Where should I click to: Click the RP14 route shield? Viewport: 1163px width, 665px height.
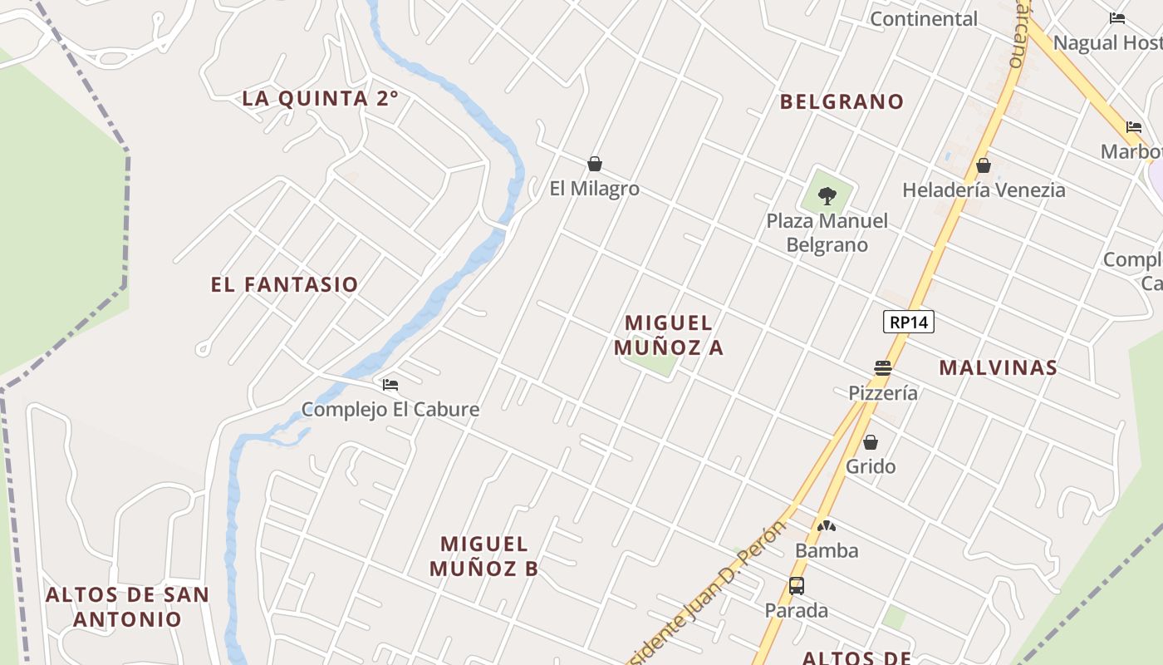(x=909, y=322)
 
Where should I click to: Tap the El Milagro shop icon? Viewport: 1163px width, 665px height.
(x=595, y=164)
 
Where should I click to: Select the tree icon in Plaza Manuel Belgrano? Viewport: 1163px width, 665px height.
(x=827, y=196)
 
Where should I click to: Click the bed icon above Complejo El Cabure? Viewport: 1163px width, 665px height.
(x=390, y=385)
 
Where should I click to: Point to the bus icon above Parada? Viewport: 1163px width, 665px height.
(x=797, y=586)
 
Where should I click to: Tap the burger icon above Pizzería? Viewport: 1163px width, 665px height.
(x=883, y=368)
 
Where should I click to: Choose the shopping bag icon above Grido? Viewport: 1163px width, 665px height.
(x=871, y=442)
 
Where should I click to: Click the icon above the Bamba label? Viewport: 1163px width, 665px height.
(x=827, y=526)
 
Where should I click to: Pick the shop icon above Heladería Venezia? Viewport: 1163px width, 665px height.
(x=984, y=165)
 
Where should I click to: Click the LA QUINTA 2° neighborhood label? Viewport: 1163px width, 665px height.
(x=320, y=98)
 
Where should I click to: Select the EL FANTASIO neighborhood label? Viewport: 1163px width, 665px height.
(x=284, y=284)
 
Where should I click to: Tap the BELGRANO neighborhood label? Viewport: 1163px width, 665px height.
(x=842, y=101)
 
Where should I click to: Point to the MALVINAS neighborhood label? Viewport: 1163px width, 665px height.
(x=998, y=367)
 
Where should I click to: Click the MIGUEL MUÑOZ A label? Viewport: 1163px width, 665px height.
(x=669, y=335)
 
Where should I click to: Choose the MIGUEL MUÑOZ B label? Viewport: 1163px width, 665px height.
(x=484, y=556)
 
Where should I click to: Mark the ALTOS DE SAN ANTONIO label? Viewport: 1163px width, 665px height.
(x=127, y=607)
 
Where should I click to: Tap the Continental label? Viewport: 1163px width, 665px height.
(x=924, y=18)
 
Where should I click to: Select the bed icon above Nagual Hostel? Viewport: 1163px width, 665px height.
(x=1117, y=18)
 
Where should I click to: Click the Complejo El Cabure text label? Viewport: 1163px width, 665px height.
(x=390, y=409)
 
